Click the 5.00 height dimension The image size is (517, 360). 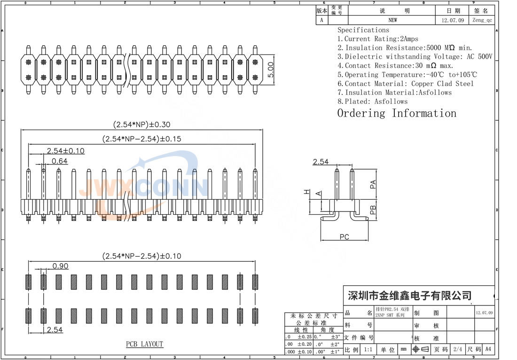[271, 70]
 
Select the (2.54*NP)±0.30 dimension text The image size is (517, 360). [141, 125]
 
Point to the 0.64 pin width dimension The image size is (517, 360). [59, 161]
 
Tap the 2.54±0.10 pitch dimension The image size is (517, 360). [65, 150]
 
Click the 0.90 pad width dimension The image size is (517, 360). [60, 266]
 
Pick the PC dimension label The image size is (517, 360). [345, 237]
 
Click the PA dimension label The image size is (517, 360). [373, 184]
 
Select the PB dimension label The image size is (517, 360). [373, 210]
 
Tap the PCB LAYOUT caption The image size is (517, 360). [144, 344]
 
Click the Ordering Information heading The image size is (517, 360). [397, 113]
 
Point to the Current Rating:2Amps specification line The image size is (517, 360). [378, 39]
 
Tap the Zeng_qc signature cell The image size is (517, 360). [482, 20]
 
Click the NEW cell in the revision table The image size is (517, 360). [392, 20]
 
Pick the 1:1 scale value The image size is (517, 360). [368, 350]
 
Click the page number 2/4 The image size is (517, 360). [457, 350]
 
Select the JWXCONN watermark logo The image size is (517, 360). [143, 188]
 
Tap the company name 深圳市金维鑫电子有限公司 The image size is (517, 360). [409, 296]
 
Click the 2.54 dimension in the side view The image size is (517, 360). [321, 162]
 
